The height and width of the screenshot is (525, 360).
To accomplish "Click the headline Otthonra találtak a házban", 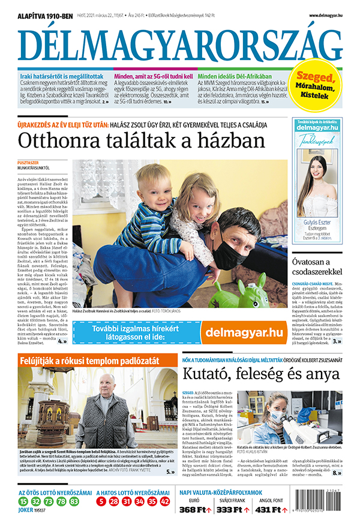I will pos(141,140).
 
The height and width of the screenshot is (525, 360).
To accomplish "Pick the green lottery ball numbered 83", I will pos(74,502).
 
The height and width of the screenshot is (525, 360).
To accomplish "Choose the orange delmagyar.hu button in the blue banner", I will pos(244,332).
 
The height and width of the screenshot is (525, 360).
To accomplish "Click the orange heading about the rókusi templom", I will pos(90,361).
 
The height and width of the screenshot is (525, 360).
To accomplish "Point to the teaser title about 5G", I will pos(154,77).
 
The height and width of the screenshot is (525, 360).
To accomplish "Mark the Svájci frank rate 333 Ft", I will pos(231,510).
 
